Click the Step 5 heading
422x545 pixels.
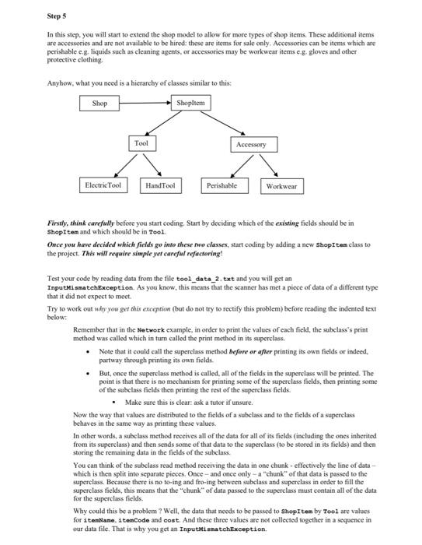tap(57, 15)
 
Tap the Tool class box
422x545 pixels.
tap(141, 144)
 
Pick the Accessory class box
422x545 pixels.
tap(251, 145)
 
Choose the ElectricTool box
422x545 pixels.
tap(103, 186)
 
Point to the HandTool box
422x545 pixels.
tap(160, 186)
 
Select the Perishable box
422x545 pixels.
tap(222, 186)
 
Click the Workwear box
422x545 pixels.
tap(281, 187)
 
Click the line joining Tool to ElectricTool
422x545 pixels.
tap(122, 165)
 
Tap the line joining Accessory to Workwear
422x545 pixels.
tap(267, 166)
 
